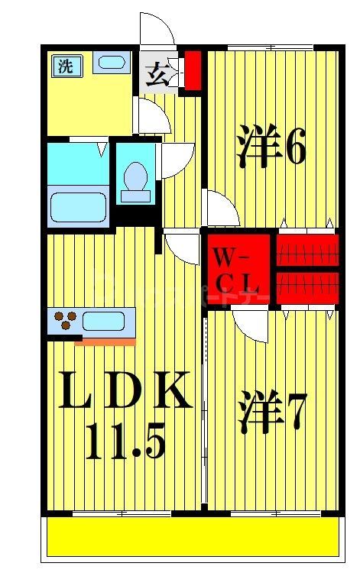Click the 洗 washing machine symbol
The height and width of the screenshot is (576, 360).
[66, 66]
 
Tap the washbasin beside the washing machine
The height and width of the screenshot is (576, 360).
[113, 63]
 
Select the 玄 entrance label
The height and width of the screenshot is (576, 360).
[157, 75]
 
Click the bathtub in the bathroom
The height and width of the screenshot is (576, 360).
[78, 206]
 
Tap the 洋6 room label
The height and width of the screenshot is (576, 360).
[271, 147]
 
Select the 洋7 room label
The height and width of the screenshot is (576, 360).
[271, 413]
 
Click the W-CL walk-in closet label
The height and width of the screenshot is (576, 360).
[238, 268]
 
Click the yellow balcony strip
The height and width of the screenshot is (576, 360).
[193, 537]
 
